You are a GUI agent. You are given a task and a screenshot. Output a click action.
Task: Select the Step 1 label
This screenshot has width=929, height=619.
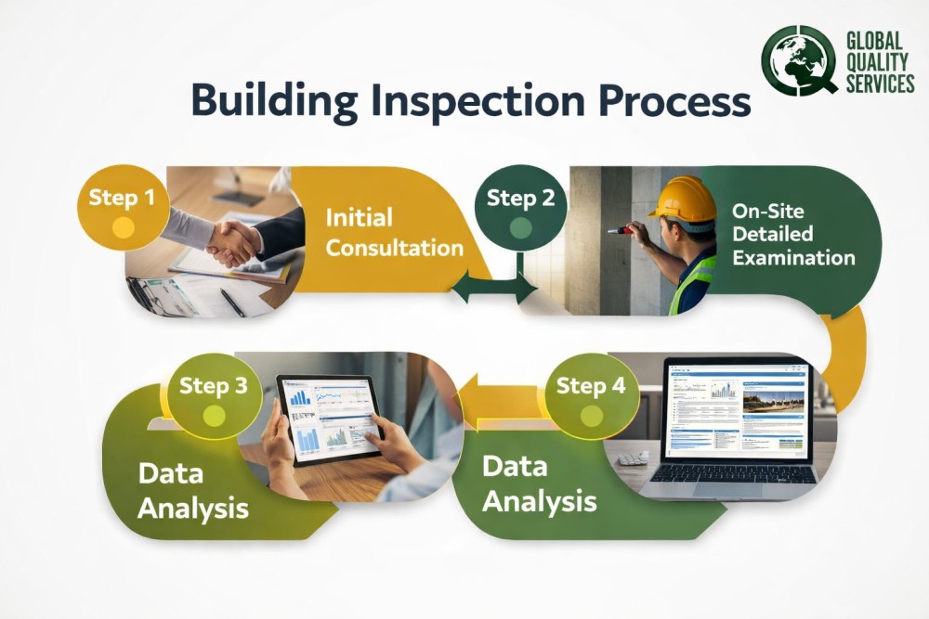point(123,197)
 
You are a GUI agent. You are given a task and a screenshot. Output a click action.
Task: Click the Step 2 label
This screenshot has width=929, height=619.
point(520,198)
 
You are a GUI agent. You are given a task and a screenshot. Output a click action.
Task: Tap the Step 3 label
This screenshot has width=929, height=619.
point(214,385)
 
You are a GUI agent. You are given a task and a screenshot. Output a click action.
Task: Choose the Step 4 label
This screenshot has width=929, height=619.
point(591,385)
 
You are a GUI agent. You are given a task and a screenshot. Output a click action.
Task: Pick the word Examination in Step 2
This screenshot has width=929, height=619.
point(793,257)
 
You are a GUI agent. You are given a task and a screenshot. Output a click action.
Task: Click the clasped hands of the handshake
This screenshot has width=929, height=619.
point(232,243)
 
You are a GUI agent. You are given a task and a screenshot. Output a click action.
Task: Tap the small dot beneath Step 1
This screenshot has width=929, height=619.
point(123,226)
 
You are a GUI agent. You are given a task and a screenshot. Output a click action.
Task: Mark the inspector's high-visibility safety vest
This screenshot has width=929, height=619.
point(692,283)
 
